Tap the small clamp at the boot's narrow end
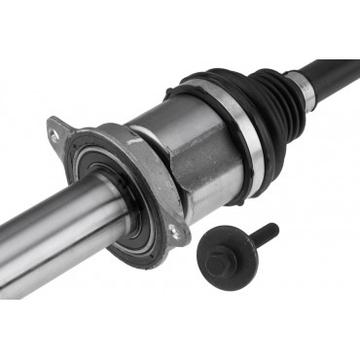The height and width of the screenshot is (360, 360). tap(305, 89)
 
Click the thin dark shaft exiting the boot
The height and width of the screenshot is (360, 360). tap(336, 69)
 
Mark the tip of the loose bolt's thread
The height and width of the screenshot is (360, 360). tap(274, 228)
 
